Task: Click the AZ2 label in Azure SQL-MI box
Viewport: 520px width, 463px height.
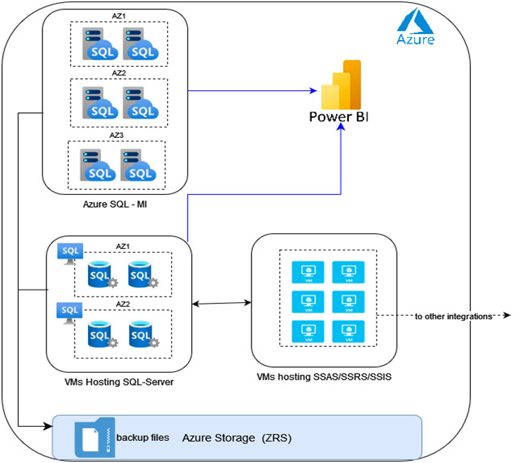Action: (119, 73)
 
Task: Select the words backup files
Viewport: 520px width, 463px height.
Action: (143, 437)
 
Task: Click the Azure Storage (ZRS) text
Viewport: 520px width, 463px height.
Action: (237, 438)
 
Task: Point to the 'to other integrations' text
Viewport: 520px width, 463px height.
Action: (454, 316)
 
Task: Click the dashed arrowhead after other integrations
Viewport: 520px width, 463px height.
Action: (507, 316)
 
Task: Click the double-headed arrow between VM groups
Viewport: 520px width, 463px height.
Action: (222, 304)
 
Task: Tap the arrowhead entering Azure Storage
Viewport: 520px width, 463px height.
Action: (49, 427)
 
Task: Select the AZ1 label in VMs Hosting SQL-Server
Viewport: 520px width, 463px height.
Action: (123, 246)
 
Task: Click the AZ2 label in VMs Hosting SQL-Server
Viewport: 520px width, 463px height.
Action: (123, 304)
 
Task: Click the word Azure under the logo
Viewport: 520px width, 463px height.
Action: (416, 40)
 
